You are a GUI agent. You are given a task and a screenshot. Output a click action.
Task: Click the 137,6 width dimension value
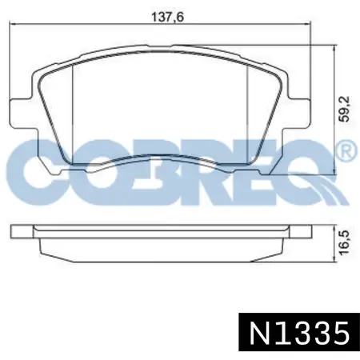[x=167, y=18]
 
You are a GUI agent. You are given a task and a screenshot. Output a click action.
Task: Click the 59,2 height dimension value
[x=344, y=109]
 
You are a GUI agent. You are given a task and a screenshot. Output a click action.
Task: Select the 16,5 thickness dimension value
[x=344, y=242]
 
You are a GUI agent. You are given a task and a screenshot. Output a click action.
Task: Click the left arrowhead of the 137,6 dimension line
[x=12, y=25]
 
